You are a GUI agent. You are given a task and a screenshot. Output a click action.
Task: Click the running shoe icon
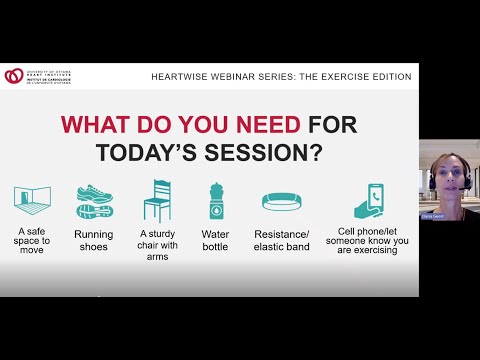click(93, 201)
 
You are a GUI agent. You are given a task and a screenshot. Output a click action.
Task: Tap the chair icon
click(157, 200)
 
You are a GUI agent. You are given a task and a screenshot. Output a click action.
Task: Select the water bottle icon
click(215, 201)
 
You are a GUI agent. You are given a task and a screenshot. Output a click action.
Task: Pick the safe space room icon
click(32, 201)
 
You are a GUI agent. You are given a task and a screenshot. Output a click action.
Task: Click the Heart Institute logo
click(14, 75)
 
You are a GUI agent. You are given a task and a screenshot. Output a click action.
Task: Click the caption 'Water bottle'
click(215, 241)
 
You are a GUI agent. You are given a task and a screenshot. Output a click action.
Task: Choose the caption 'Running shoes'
click(93, 241)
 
